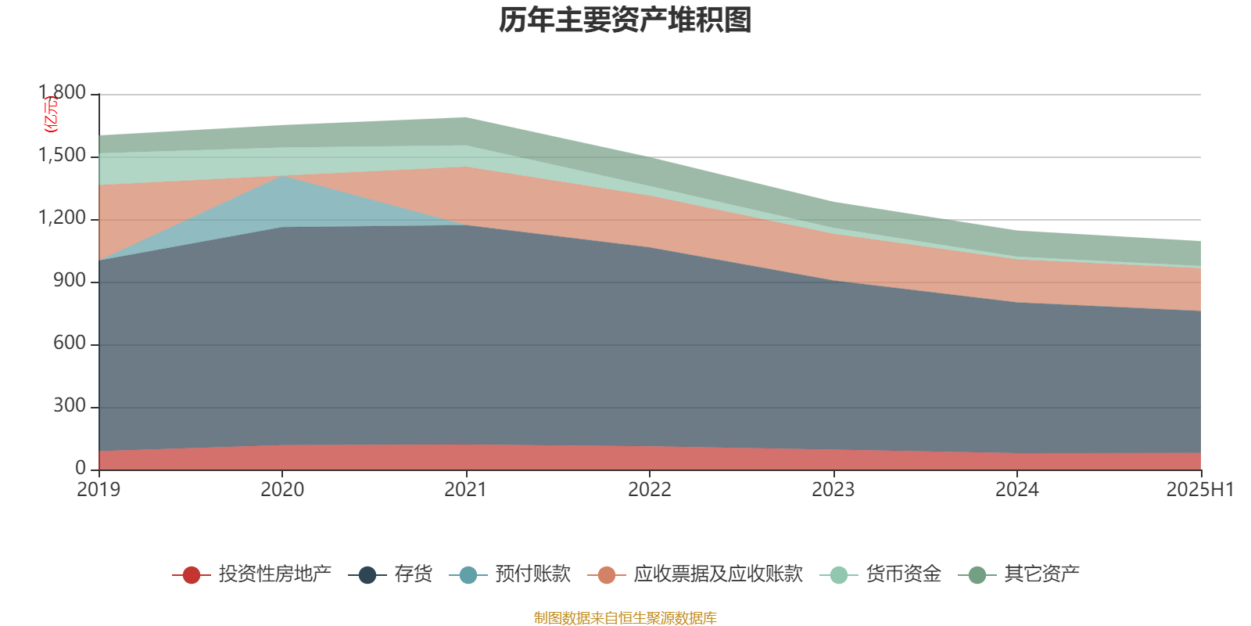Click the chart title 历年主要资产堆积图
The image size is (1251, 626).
625,21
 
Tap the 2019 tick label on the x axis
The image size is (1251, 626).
99,490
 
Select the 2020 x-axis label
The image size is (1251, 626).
282,490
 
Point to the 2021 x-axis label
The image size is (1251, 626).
466,490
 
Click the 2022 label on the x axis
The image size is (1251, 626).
650,490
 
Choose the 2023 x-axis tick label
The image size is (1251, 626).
833,490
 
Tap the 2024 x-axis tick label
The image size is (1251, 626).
1016,490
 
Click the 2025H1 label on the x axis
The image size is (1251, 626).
1199,490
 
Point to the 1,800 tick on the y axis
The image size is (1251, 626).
63,94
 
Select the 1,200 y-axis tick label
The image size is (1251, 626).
63,219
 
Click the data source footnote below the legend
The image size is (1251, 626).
625,618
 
